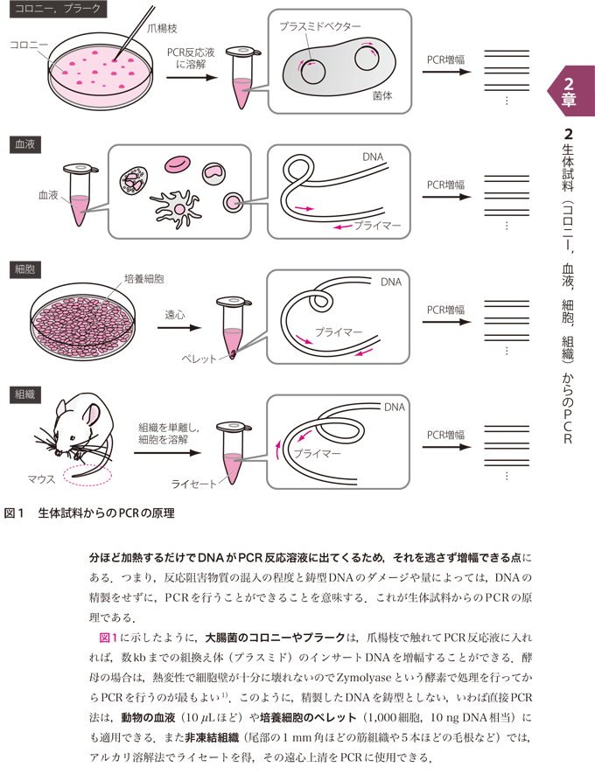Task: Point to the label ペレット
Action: (x=199, y=359)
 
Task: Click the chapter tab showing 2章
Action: (x=569, y=91)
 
